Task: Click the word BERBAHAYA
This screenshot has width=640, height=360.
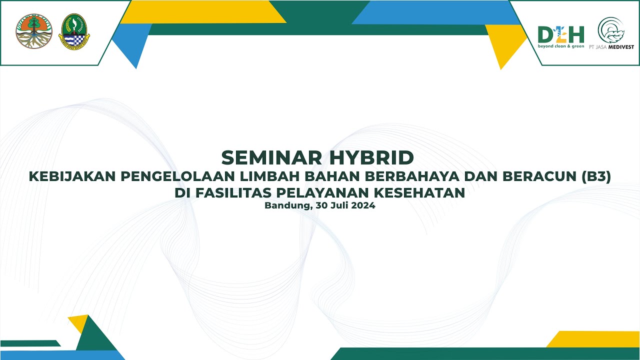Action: [x=410, y=177]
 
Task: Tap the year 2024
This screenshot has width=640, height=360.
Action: [x=363, y=205]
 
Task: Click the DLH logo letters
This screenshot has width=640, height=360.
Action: [x=560, y=34]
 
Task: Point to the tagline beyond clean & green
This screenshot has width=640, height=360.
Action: [x=560, y=46]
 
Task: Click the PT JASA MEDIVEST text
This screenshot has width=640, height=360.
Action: [x=615, y=47]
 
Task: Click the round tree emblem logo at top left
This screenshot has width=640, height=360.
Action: [x=34, y=31]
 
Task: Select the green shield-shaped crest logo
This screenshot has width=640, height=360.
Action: [x=74, y=31]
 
